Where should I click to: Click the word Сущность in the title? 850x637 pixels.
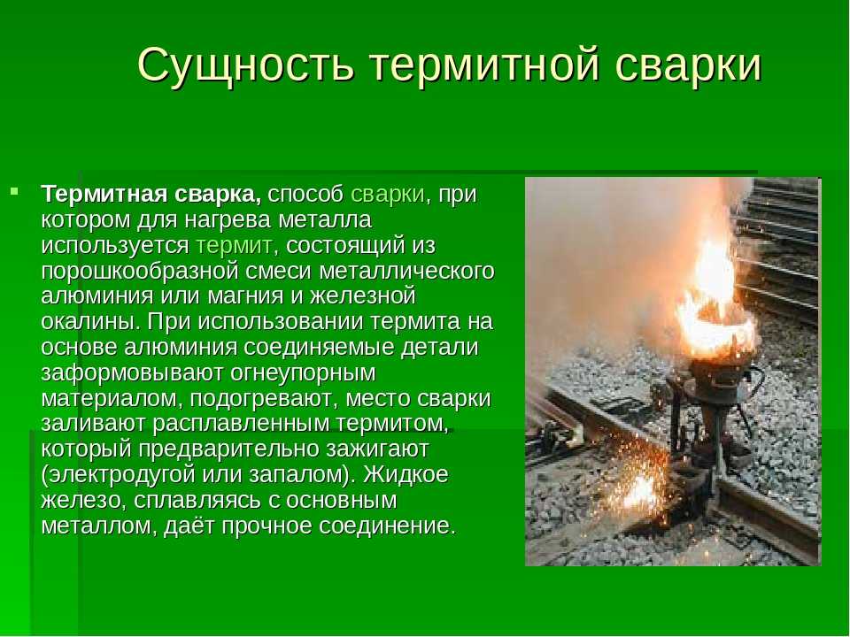click(x=246, y=65)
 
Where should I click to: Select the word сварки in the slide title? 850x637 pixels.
click(x=689, y=65)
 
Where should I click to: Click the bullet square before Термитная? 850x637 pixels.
click(x=15, y=191)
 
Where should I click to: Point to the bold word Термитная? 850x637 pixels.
click(x=104, y=194)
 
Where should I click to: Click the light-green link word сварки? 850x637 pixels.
click(x=387, y=194)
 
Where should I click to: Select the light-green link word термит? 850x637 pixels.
click(x=234, y=245)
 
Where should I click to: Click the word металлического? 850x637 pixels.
click(x=406, y=271)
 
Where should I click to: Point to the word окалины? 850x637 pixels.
click(x=90, y=321)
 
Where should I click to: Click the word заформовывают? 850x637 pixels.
click(x=132, y=372)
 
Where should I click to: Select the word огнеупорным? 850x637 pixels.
click(x=303, y=372)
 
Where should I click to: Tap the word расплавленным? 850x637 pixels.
click(x=240, y=423)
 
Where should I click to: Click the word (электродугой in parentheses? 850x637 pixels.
click(x=118, y=474)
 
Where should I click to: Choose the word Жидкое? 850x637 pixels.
click(x=406, y=474)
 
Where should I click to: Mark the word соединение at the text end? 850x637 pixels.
click(x=388, y=526)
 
